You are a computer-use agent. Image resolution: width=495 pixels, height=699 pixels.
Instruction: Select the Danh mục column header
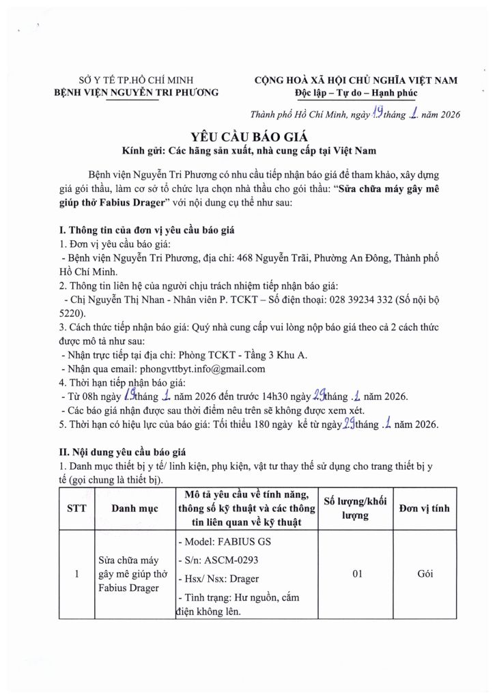click(x=134, y=509)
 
